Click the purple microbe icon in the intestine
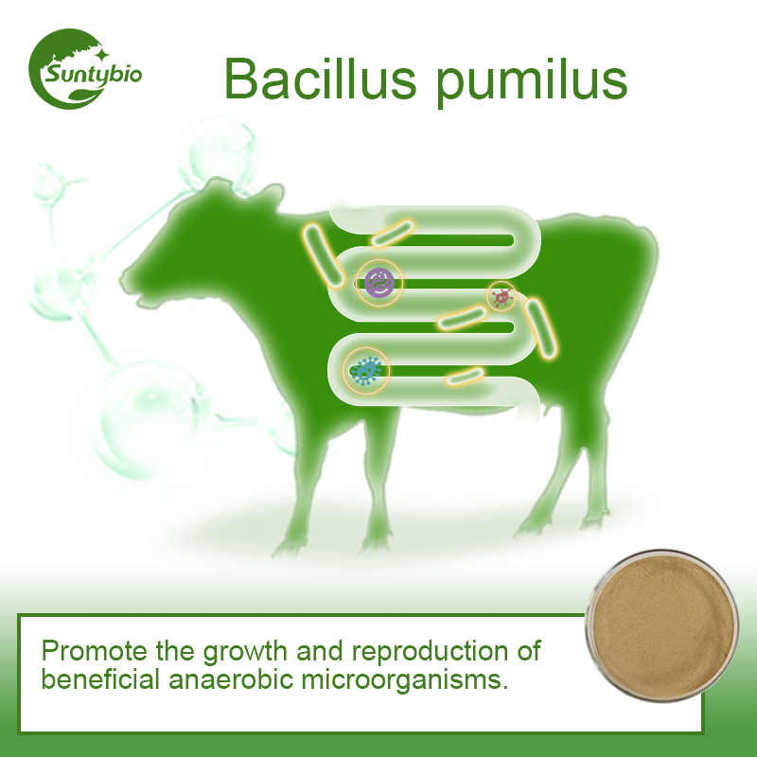point(379,281)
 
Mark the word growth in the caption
point(248,652)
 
